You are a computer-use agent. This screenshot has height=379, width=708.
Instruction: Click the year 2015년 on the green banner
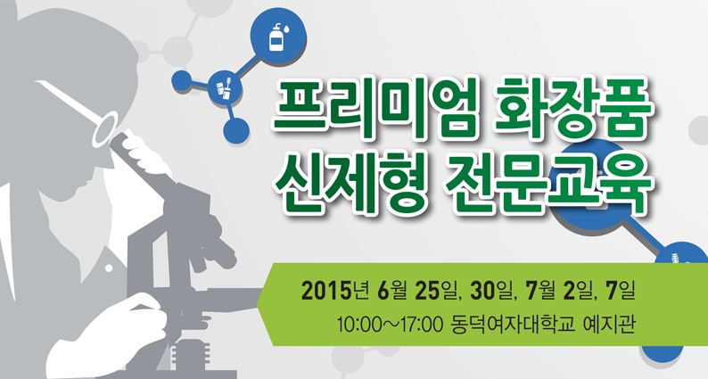pyautogui.click(x=335, y=292)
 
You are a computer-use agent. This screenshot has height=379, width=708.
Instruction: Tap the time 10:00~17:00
pyautogui.click(x=389, y=325)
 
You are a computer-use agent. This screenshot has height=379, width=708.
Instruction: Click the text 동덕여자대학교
pyautogui.click(x=514, y=325)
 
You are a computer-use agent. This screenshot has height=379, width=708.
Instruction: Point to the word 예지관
pyautogui.click(x=609, y=325)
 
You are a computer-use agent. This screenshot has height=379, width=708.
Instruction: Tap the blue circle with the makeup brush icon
pyautogui.click(x=225, y=87)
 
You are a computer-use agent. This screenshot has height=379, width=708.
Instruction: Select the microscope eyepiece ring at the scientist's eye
pyautogui.click(x=105, y=129)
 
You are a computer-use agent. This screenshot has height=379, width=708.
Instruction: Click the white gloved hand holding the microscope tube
pyautogui.click(x=144, y=152)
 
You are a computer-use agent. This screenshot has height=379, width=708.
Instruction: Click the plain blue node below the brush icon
pyautogui.click(x=236, y=130)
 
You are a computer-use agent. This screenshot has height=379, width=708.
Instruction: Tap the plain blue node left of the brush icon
pyautogui.click(x=182, y=80)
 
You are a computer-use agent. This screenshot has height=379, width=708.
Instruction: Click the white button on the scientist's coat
pyautogui.click(x=109, y=268)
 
